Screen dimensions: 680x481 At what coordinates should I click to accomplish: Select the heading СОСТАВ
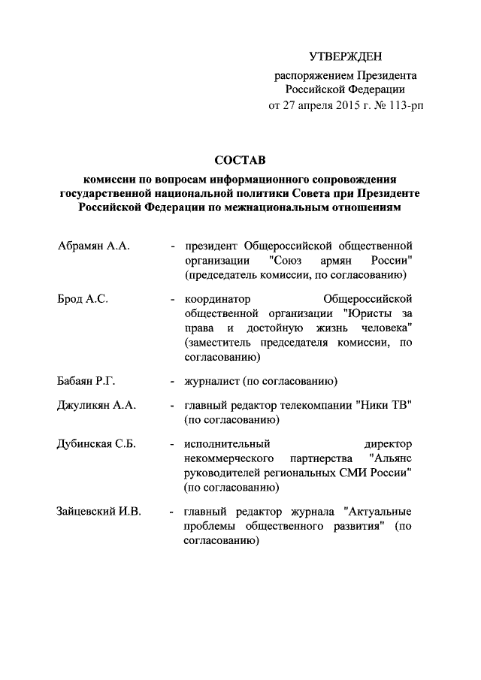(240, 160)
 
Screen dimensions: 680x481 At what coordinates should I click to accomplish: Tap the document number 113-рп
(405, 105)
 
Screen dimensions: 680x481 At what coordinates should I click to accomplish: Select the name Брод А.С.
(83, 298)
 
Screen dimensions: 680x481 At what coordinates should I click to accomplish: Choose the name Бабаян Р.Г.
(86, 379)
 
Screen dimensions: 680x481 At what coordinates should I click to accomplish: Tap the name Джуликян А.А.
(95, 406)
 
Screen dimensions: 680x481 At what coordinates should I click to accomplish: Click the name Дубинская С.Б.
(95, 445)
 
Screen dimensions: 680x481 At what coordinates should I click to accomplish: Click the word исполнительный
(227, 445)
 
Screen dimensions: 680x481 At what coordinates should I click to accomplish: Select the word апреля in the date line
(300, 105)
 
